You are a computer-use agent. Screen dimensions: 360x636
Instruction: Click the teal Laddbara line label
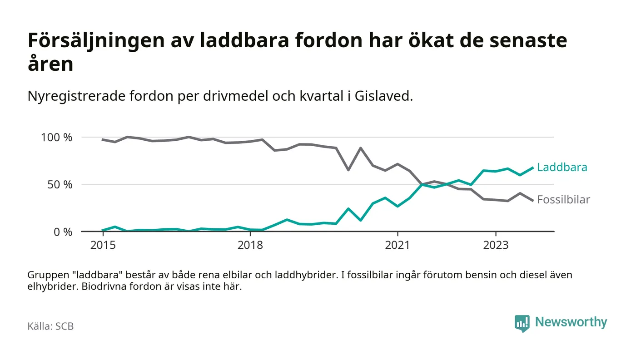562,167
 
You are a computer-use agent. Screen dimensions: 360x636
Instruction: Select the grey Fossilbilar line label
563,199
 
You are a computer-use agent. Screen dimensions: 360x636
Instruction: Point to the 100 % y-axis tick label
56,137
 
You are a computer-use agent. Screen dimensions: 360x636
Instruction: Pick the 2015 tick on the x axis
103,245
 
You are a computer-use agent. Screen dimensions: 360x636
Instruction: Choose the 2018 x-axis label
250,245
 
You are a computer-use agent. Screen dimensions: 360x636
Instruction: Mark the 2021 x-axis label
397,245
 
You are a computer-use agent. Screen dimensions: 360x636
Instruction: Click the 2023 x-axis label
496,245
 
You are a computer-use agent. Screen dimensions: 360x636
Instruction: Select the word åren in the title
50,64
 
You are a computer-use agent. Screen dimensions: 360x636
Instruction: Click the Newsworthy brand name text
571,322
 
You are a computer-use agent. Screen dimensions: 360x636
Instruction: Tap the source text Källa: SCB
50,326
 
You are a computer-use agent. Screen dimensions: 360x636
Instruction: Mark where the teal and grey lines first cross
422,184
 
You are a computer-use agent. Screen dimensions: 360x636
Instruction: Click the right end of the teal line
532,168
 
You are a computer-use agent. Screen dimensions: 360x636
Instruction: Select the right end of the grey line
532,200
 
